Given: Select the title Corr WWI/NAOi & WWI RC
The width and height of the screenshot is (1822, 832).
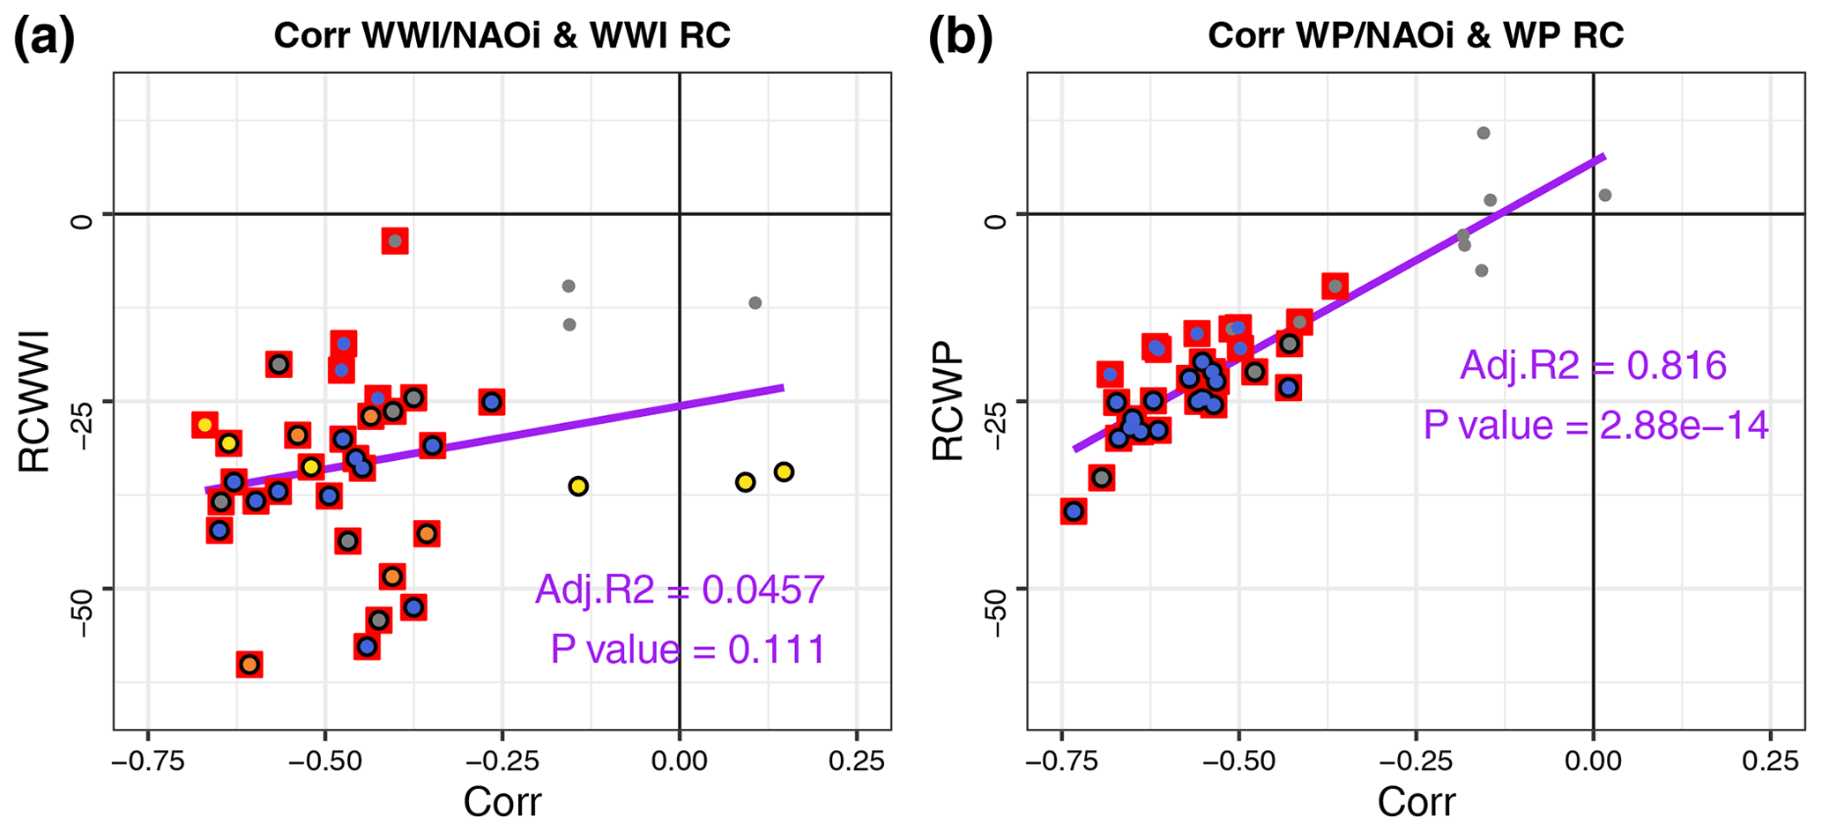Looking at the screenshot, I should tap(502, 36).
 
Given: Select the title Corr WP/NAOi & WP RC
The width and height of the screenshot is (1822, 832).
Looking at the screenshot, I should tap(1416, 36).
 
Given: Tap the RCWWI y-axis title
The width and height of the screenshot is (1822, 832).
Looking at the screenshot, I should tap(34, 402).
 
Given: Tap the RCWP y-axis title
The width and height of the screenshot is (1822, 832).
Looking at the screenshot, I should tap(948, 402).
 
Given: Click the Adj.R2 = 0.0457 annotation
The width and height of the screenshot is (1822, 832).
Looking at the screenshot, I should tap(680, 590).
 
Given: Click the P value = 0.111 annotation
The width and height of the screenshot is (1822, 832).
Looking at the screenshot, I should tap(688, 650).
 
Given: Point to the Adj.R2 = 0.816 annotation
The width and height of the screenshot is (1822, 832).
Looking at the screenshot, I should tap(1593, 365).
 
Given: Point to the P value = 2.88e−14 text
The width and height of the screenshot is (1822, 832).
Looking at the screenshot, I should tap(1595, 425).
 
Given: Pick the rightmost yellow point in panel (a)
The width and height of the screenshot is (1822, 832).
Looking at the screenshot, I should tap(784, 472).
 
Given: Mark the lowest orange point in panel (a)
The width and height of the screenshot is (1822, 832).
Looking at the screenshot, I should tap(249, 665).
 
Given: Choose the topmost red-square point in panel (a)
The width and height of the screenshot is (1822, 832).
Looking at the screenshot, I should tap(395, 241).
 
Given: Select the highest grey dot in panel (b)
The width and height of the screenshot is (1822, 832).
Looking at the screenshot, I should tap(1484, 133).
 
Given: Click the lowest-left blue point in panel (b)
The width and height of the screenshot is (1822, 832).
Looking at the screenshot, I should tap(1074, 511).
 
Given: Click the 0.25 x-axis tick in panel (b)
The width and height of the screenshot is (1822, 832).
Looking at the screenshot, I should tap(1770, 760).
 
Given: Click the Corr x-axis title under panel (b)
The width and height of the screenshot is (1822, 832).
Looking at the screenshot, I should tap(1416, 802).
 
